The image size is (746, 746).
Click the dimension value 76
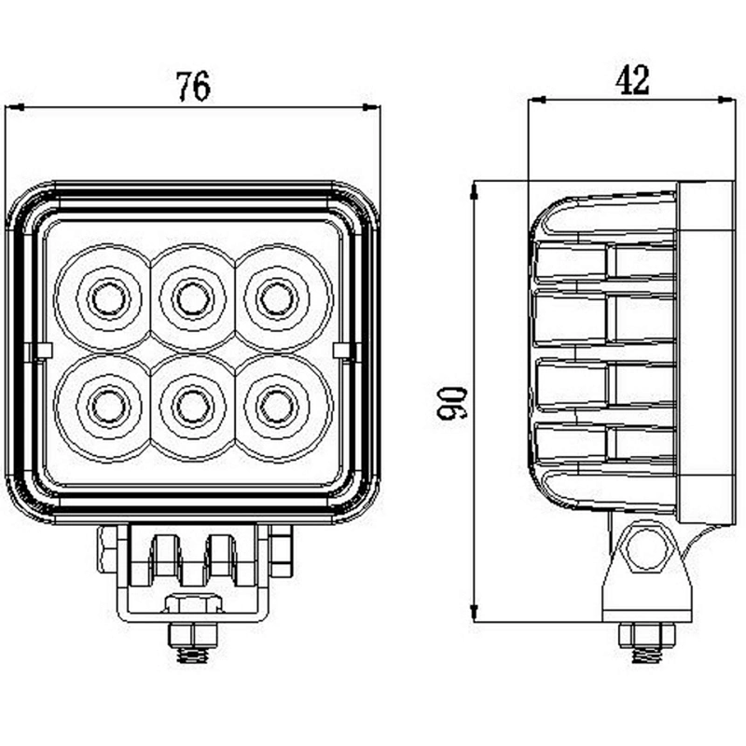pos(193,86)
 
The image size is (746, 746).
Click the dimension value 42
pos(632,80)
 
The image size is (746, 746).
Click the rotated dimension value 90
pos(451,404)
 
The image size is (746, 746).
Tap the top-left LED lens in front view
pos(109,298)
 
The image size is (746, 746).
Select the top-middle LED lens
pos(193,298)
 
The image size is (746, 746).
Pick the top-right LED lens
pos(278,298)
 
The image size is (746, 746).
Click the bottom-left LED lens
pos(109,408)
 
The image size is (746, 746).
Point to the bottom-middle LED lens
pos(193,408)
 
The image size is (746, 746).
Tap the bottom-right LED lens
pos(278,408)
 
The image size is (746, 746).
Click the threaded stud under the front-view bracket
pos(193,655)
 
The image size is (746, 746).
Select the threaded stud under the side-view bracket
pos(647,655)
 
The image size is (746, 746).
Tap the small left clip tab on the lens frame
pos(41,351)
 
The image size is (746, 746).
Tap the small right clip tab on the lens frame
pos(344,351)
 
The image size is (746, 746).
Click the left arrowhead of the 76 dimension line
pos(14,107)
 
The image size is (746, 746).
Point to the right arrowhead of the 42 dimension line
pos(726,100)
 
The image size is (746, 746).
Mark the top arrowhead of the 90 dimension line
pos(474,190)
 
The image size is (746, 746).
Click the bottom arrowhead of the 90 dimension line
pos(474,613)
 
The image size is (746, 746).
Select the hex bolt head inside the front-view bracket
pos(194,603)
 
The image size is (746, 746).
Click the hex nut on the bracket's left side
pos(107,548)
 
